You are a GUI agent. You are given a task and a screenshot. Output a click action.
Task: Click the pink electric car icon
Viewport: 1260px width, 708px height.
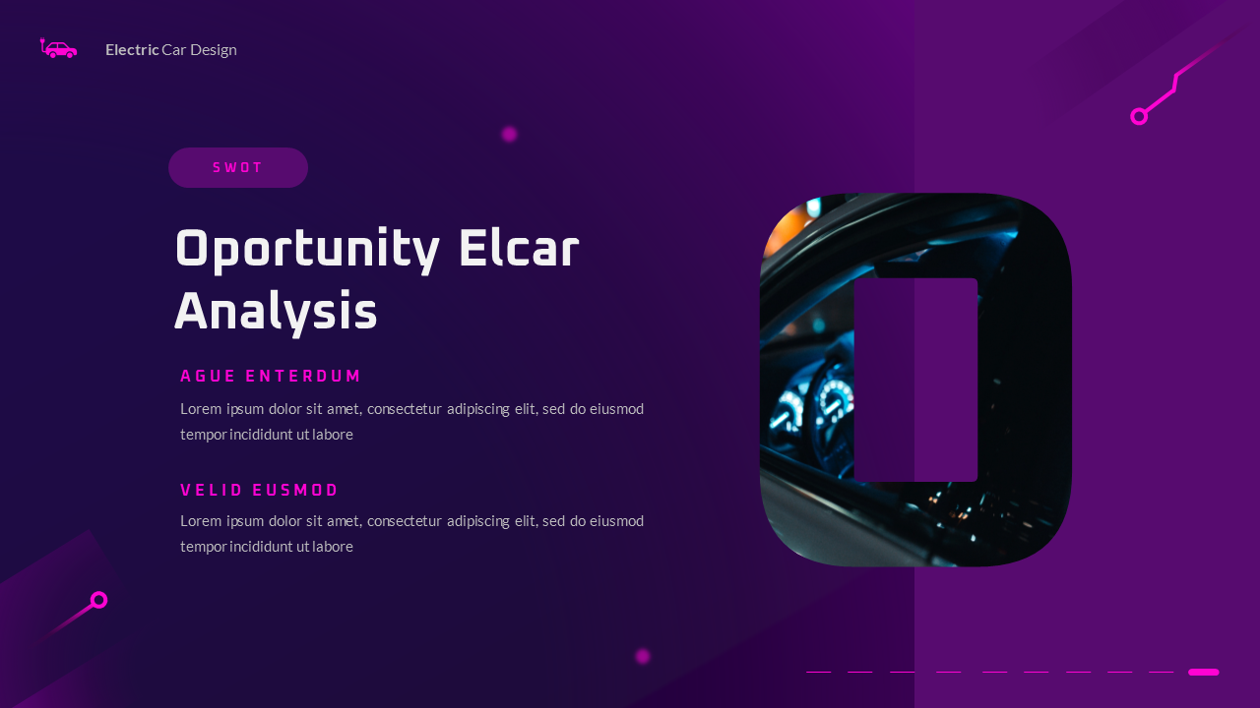click(x=59, y=48)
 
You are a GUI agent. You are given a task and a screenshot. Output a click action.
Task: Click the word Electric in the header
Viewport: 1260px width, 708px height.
click(x=132, y=49)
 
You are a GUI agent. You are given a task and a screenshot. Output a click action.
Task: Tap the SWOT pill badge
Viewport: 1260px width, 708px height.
click(x=238, y=168)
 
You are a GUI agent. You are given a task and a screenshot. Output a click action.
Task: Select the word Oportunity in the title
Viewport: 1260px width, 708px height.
click(x=306, y=251)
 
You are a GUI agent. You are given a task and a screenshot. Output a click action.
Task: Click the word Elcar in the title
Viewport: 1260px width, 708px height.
click(x=519, y=249)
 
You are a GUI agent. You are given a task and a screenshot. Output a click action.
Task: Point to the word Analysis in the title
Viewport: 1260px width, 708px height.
click(x=276, y=313)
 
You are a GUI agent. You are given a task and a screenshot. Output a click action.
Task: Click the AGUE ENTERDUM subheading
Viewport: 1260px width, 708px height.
click(x=271, y=377)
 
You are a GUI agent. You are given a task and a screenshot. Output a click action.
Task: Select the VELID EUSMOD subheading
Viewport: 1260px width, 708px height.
click(x=259, y=491)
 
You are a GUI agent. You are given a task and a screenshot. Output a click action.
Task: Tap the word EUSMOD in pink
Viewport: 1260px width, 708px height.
click(x=295, y=491)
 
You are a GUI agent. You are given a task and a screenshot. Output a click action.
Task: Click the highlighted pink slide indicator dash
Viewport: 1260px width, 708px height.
click(x=1203, y=673)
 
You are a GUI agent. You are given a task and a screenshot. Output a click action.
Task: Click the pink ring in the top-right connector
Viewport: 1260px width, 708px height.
click(x=1139, y=117)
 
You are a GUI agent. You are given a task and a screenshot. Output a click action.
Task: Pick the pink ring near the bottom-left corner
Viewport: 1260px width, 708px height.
click(x=98, y=600)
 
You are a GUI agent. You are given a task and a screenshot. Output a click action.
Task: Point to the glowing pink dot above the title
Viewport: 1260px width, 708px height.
click(x=509, y=134)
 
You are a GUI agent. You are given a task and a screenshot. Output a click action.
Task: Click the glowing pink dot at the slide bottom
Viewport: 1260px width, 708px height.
click(x=643, y=656)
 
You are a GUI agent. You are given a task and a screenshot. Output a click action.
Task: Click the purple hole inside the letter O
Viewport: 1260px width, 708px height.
click(x=915, y=380)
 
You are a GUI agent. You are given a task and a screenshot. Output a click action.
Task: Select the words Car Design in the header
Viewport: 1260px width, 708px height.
click(x=199, y=49)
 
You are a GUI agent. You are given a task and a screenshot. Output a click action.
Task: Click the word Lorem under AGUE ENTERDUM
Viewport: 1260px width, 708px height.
click(x=200, y=409)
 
